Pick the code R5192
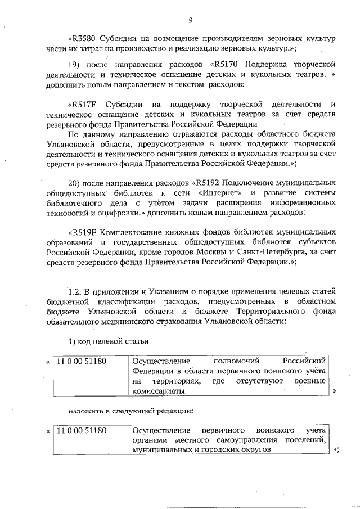point(210,183)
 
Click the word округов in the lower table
point(256,451)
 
